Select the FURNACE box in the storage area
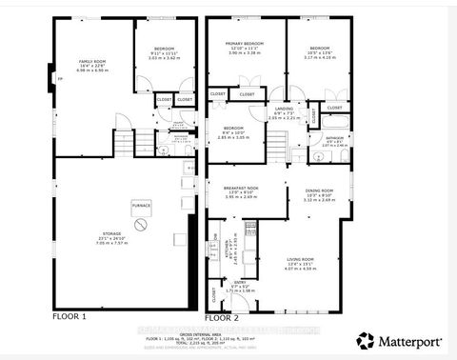[141, 206]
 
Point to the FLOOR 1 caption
[70, 315]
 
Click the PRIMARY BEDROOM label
[245, 44]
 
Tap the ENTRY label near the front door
[242, 283]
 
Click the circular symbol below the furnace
[141, 225]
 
